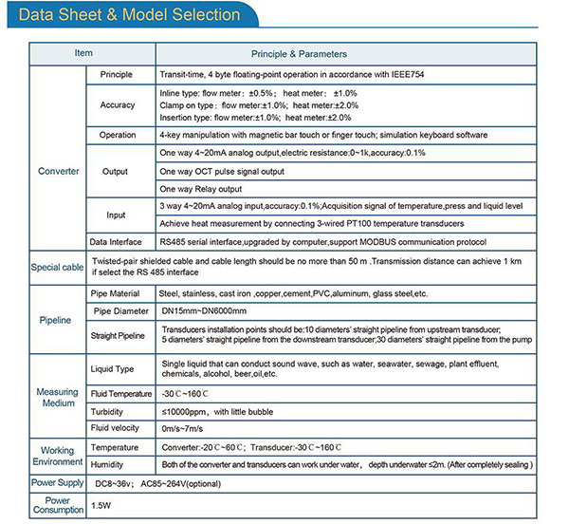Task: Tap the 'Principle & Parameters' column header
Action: click(299, 54)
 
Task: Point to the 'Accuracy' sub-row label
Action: click(118, 104)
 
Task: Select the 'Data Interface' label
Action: click(118, 242)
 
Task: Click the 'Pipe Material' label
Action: click(118, 292)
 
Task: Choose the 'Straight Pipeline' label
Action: click(118, 335)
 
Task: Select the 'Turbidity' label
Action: click(107, 412)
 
